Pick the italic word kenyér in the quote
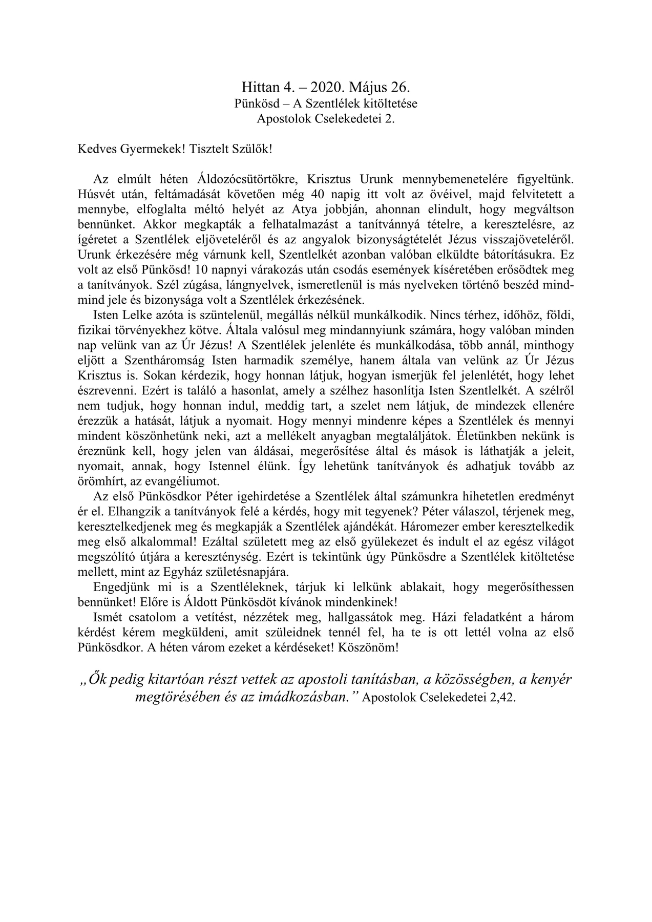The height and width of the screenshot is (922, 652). click(x=549, y=680)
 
